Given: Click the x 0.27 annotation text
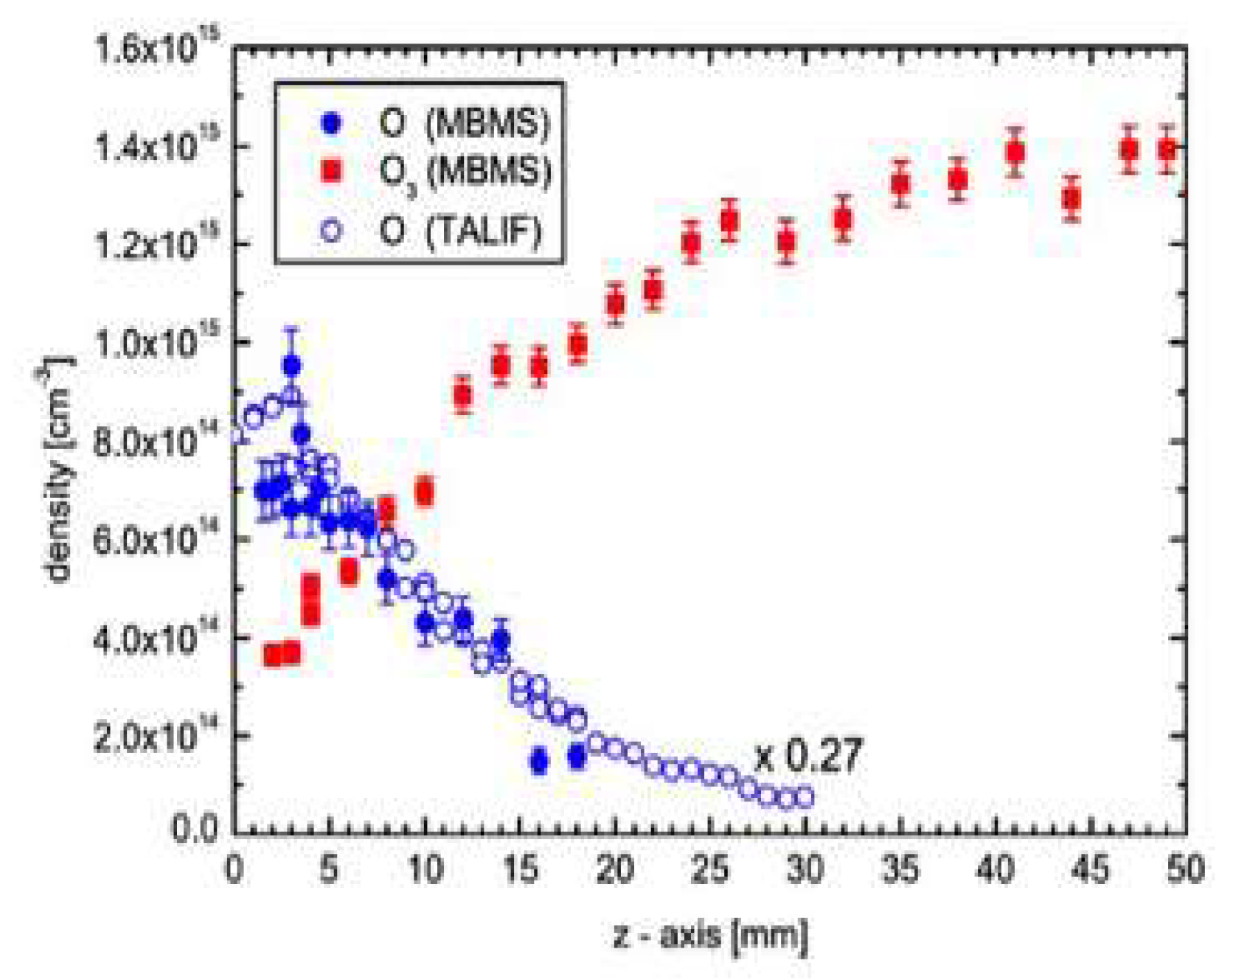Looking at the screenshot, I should [807, 757].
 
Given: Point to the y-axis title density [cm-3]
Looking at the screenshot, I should [59, 472].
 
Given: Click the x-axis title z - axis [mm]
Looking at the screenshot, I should [710, 935].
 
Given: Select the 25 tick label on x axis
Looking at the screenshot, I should [710, 869].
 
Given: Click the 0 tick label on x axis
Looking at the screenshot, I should [235, 869].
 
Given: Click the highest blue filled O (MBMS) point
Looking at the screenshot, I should [292, 365].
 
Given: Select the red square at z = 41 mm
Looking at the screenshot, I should [1015, 153].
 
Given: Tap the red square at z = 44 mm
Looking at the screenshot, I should [1072, 198].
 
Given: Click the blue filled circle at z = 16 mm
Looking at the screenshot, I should [539, 761].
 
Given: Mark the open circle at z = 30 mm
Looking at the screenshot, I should [805, 797].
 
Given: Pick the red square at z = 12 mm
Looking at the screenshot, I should [463, 396].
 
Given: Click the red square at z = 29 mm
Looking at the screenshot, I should [787, 241].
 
